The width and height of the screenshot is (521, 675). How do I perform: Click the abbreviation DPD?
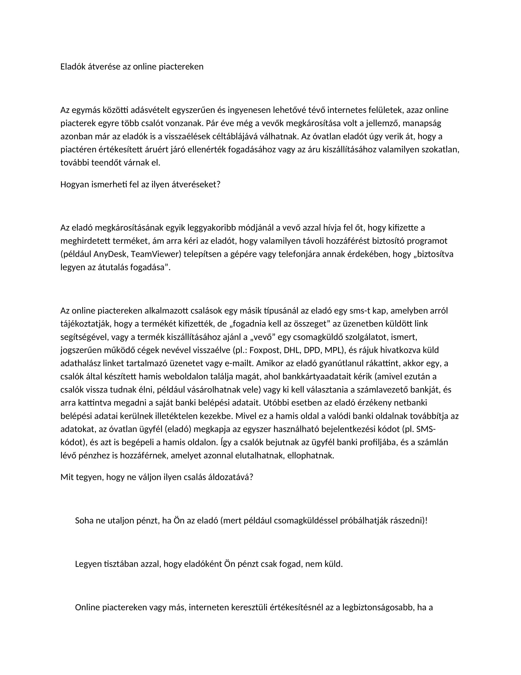click(312, 350)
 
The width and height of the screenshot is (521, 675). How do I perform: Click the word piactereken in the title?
click(181, 67)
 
